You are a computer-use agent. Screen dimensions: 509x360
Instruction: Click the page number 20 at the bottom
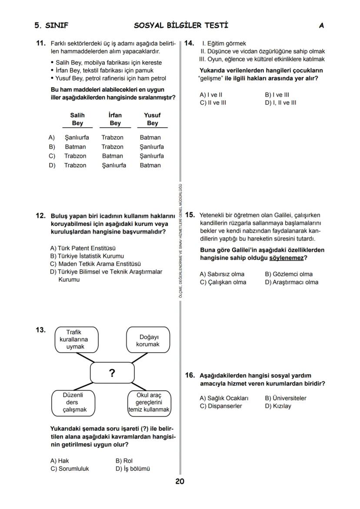180,481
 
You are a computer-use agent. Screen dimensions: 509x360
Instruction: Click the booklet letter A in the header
321,26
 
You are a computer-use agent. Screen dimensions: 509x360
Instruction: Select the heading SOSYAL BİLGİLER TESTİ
181,26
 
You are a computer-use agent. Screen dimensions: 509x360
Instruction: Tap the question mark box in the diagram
112,373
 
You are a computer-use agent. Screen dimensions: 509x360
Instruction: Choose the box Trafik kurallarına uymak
77,339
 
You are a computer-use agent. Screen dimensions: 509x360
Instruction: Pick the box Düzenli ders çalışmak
74,402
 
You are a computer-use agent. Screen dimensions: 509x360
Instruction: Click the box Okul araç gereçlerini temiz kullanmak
149,402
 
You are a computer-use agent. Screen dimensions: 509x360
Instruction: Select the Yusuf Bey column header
152,119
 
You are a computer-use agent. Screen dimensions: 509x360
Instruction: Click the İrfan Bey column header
115,119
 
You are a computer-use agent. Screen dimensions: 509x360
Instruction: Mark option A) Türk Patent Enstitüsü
83,248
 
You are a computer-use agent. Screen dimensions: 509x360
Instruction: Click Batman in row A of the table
150,137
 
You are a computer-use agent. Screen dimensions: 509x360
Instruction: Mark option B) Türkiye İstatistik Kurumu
87,256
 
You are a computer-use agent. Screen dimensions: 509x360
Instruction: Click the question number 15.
190,215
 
